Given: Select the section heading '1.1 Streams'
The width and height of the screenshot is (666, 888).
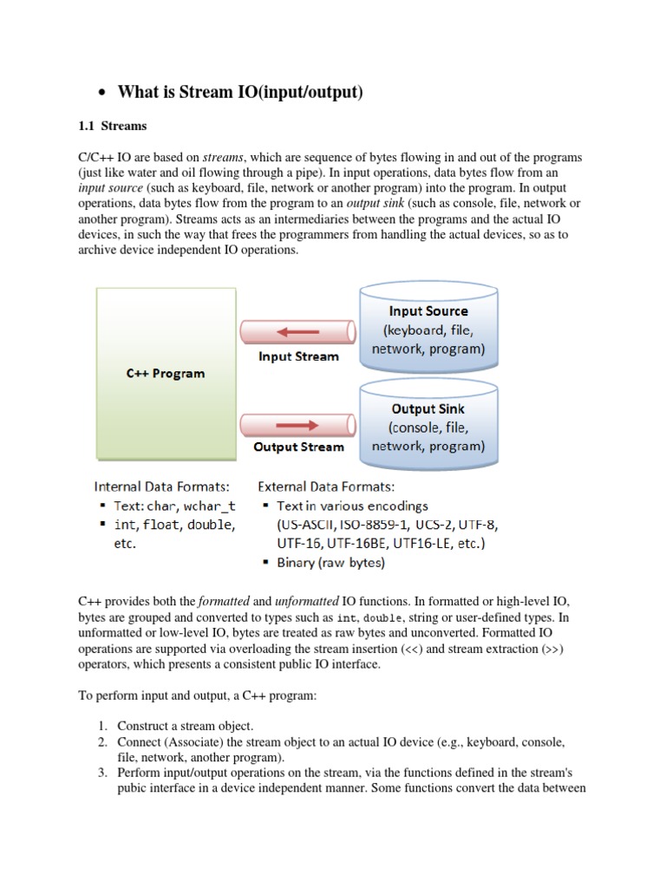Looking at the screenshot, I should [112, 126].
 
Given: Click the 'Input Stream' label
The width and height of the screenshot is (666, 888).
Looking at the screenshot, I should [297, 356].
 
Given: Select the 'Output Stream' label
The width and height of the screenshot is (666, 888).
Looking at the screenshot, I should [298, 447].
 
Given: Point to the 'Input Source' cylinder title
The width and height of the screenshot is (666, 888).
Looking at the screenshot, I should [428, 310].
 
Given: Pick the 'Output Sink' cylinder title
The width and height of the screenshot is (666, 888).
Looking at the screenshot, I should [428, 408].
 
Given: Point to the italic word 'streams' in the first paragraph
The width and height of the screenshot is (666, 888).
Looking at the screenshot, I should [224, 157].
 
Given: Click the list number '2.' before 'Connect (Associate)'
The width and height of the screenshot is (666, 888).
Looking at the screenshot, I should [102, 743].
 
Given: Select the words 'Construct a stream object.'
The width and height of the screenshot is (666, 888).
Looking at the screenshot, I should [186, 725].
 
